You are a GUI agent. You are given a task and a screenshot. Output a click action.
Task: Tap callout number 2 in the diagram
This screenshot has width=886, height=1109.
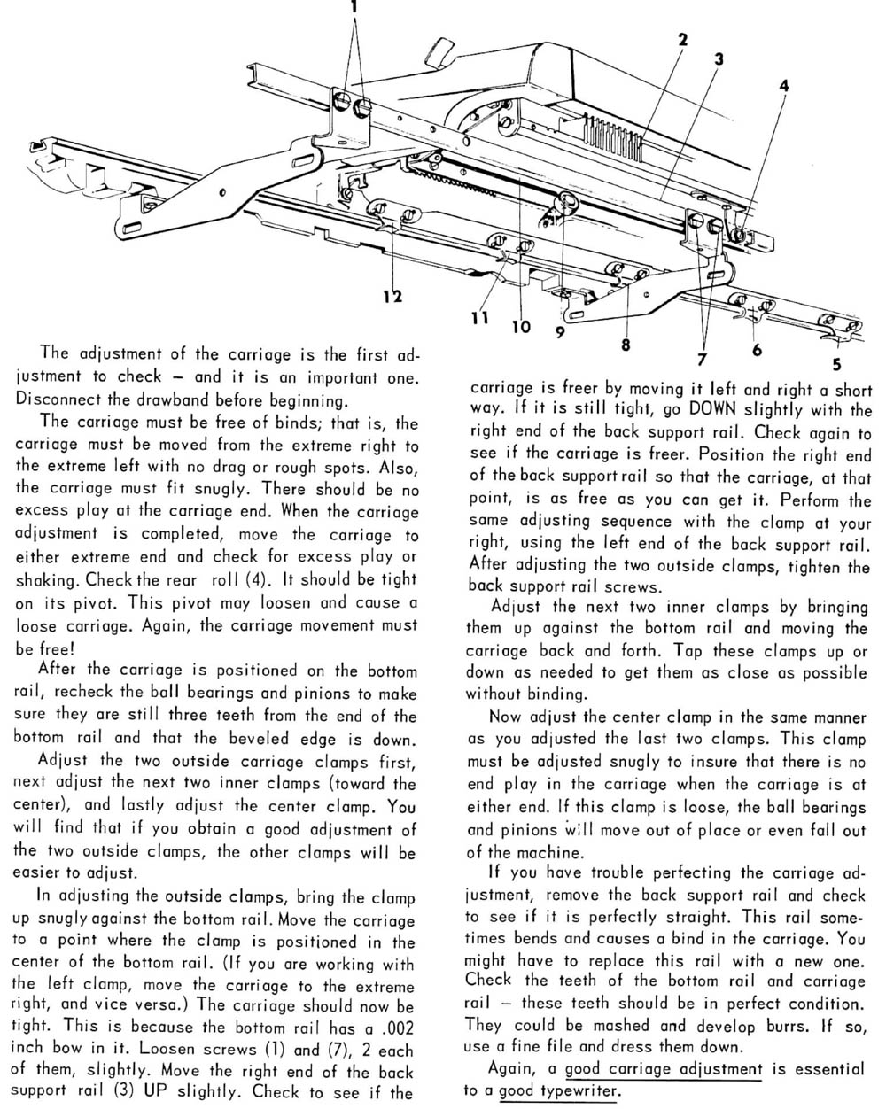pos(683,39)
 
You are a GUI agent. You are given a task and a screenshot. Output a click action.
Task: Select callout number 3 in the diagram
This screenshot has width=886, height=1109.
pos(719,59)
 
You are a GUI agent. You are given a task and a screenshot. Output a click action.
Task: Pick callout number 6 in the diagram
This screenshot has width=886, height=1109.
pos(757,349)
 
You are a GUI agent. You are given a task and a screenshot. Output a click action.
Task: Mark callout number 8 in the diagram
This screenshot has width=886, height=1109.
pos(626,345)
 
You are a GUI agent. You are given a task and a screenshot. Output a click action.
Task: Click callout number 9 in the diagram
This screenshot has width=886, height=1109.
pos(560,333)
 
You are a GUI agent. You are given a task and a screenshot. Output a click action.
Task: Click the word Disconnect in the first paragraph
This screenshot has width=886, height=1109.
pos(58,399)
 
